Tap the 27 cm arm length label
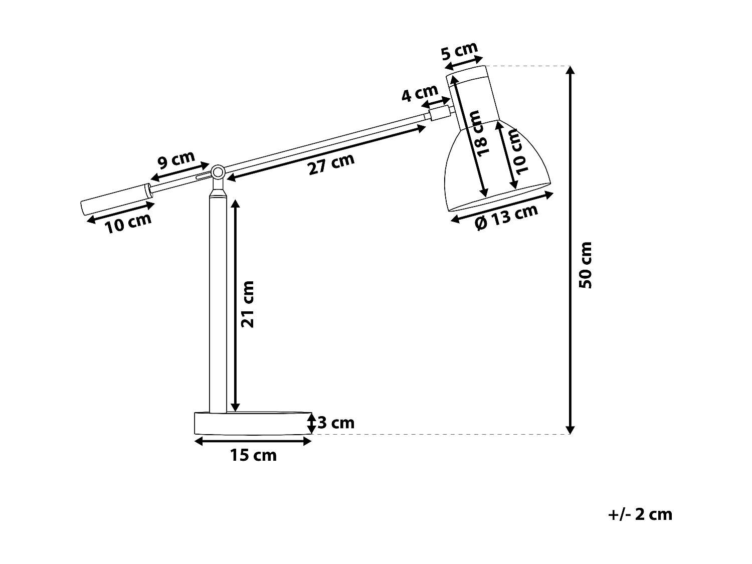point(331,163)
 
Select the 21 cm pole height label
point(248,304)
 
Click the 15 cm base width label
point(253,455)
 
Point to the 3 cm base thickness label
point(336,423)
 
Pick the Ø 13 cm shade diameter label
point(506,217)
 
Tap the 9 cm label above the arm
point(176,160)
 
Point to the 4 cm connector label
point(420,93)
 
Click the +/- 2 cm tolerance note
point(640,514)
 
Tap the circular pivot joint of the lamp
point(218,172)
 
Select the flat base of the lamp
point(252,423)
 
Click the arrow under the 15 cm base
point(253,441)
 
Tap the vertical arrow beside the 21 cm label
point(235,304)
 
